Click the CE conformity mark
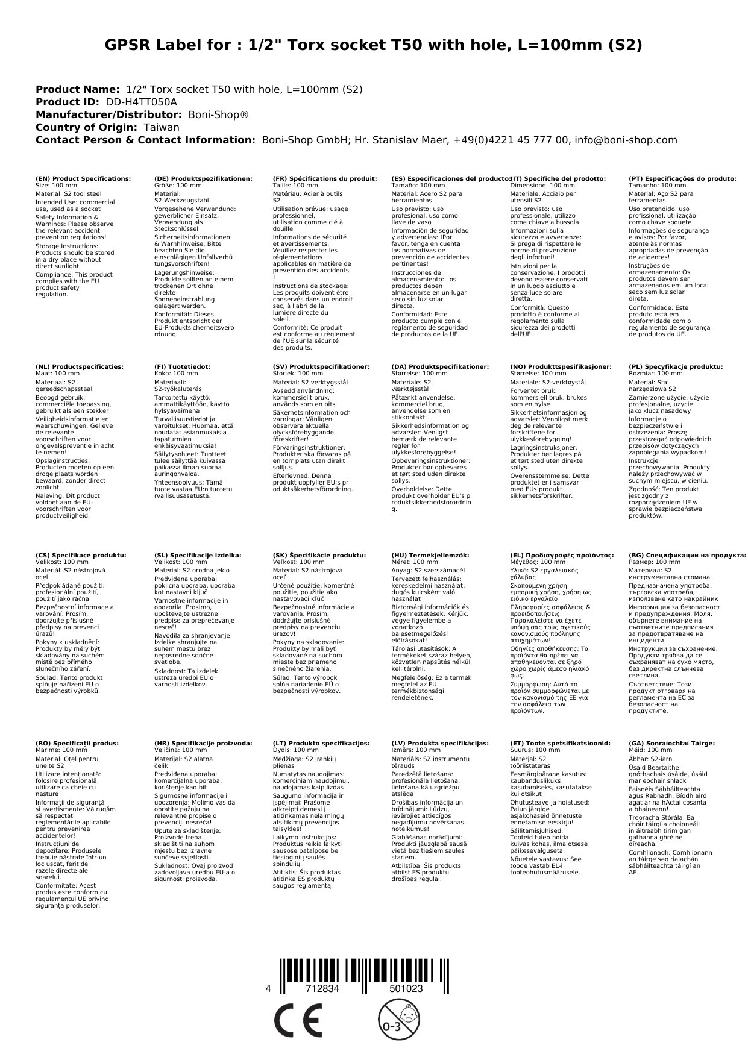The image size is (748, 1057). coord(298,1022)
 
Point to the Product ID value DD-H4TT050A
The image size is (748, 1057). coord(142,102)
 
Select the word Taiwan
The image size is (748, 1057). coord(162,127)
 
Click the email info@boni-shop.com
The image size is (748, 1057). coord(626,140)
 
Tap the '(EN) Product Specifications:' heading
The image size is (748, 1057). coord(83,179)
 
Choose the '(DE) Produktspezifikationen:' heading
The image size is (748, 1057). coord(203,179)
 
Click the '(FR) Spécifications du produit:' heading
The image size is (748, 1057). coord(324,179)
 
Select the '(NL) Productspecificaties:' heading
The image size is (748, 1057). coord(80,366)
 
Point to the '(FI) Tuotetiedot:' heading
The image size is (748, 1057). coord(182,366)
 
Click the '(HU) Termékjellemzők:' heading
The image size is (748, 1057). coord(430,556)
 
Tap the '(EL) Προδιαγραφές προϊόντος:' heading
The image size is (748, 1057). coord(562,556)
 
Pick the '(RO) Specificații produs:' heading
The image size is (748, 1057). coord(77,744)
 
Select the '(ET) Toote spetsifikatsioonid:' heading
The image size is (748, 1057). coord(560,744)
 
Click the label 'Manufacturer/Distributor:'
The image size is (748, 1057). coord(108,114)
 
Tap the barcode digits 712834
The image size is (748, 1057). coord(322,989)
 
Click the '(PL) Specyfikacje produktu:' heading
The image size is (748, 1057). coord(676,366)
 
